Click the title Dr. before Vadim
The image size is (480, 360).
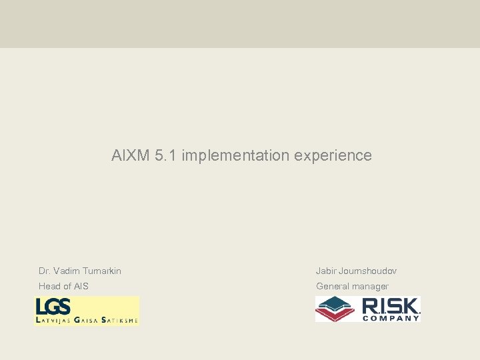45,271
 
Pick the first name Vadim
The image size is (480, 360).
66,271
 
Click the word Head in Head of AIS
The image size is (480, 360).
50,286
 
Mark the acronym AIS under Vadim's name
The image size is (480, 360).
81,286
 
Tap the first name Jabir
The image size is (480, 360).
326,271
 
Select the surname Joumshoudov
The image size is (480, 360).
367,271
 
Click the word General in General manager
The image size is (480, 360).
333,286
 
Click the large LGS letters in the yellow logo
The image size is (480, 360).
53,307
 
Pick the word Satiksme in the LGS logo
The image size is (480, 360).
120,321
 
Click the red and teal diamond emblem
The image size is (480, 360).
335,309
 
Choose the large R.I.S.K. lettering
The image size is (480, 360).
391,306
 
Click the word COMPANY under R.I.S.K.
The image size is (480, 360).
391,318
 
